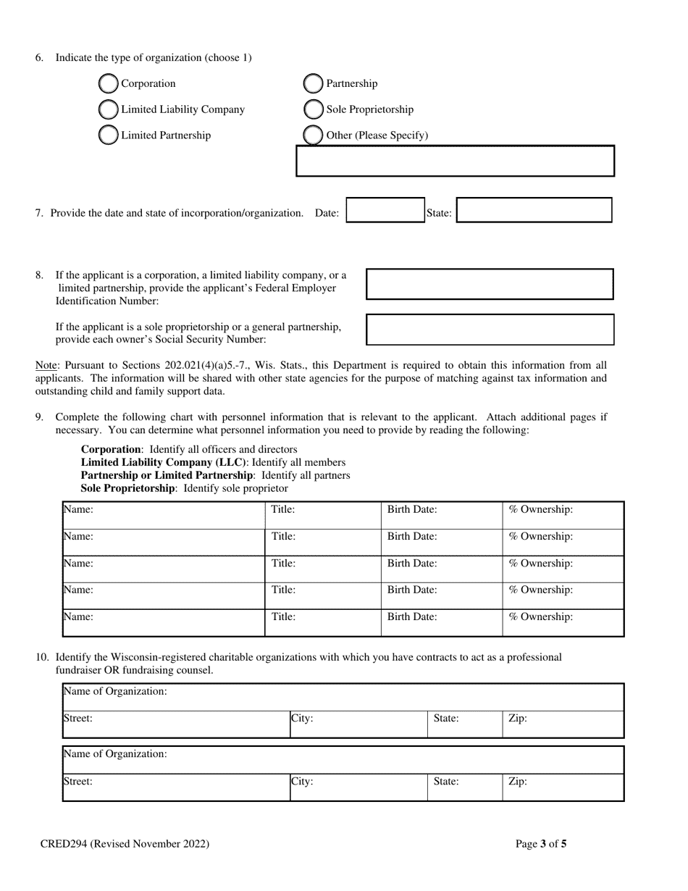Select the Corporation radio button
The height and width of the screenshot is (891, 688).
[108, 84]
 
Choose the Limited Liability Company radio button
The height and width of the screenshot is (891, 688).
[108, 110]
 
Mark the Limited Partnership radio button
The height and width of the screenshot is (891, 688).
[108, 135]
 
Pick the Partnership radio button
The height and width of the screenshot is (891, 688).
[313, 84]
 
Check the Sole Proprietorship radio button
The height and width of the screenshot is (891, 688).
[313, 110]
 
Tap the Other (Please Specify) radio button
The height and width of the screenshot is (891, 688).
[313, 135]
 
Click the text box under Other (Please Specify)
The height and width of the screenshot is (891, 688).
[455, 161]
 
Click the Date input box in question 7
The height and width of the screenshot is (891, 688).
[385, 210]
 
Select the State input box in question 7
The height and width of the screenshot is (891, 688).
[534, 210]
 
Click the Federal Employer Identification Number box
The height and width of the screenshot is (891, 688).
[490, 284]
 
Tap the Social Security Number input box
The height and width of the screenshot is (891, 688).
[490, 330]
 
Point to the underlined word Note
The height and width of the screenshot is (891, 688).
[46, 366]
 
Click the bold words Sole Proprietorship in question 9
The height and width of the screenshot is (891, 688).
[127, 489]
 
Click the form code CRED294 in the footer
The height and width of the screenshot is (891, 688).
[62, 844]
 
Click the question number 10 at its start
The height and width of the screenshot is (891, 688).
[42, 658]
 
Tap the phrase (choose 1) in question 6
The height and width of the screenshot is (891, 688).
[229, 58]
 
